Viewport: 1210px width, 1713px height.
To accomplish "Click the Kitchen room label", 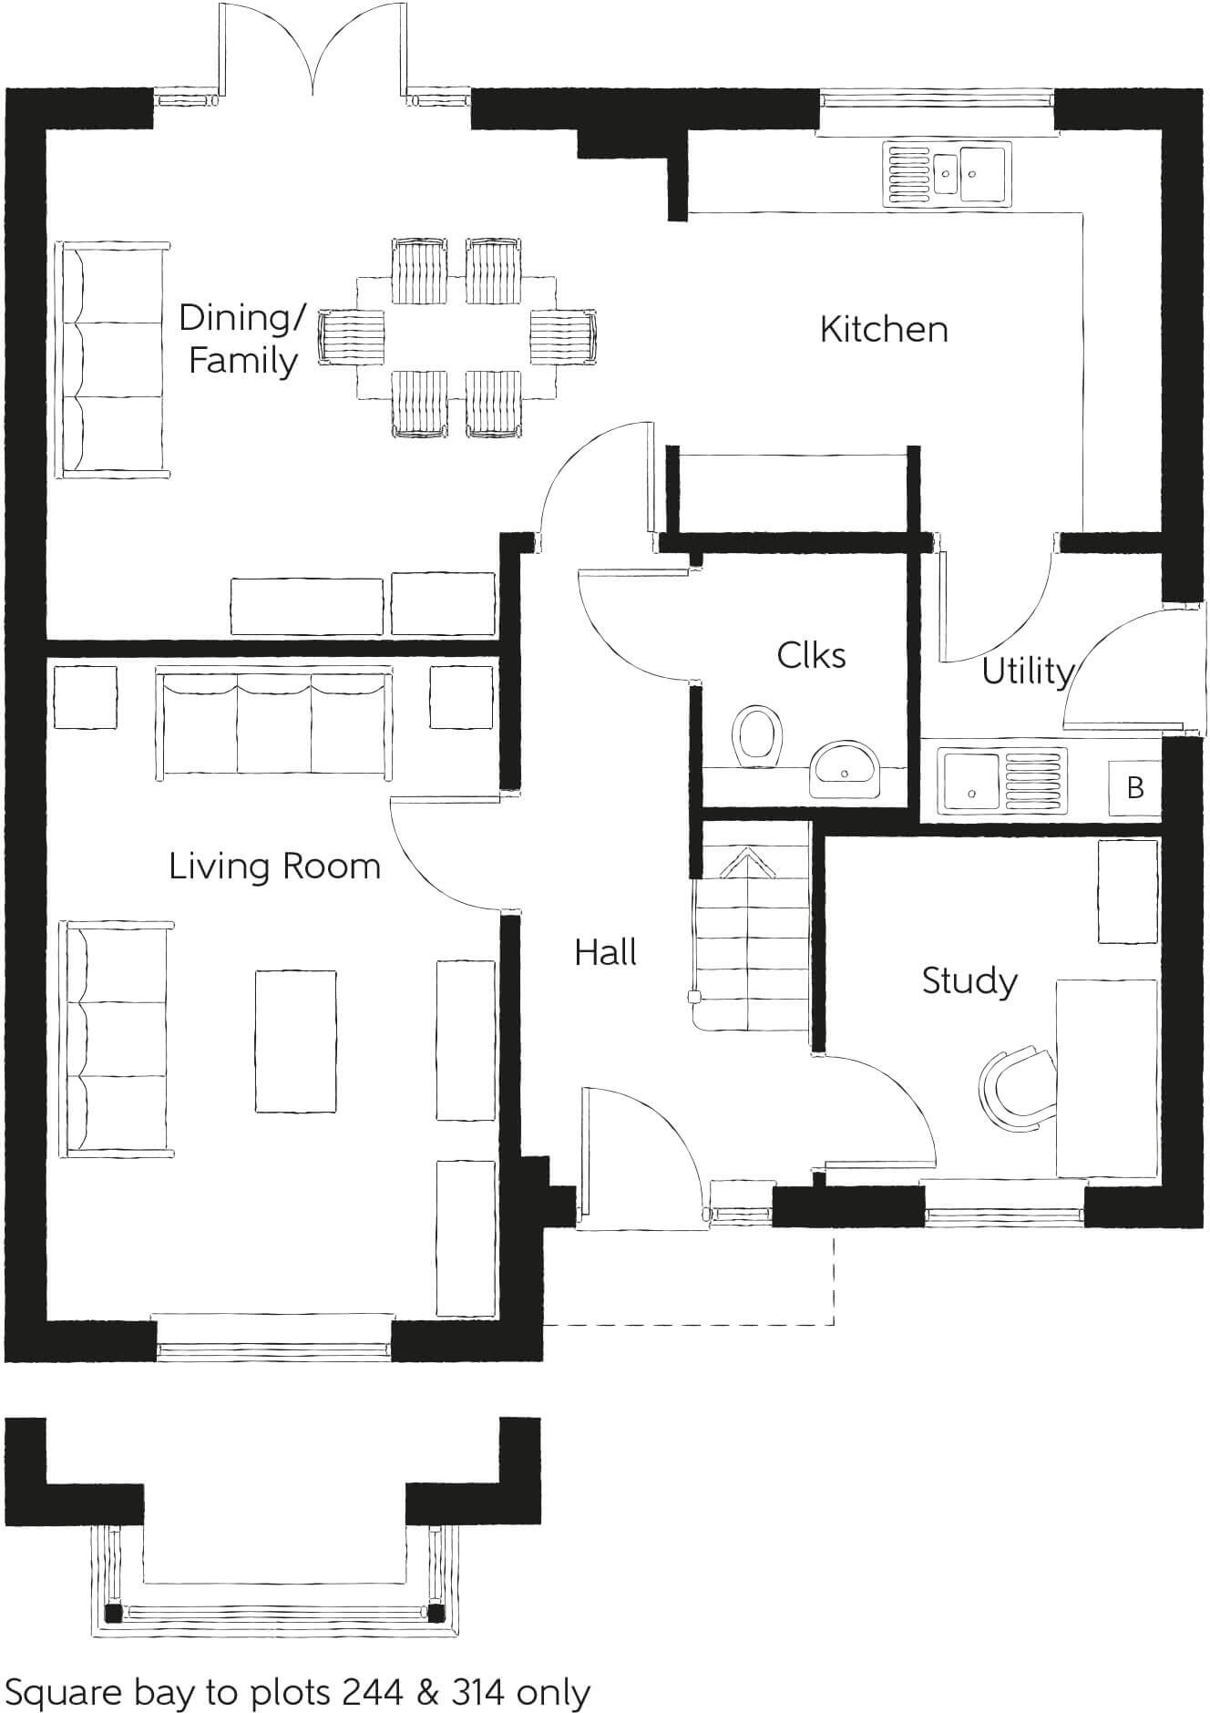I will tap(883, 329).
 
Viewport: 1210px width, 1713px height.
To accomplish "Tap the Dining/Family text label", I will tap(242, 339).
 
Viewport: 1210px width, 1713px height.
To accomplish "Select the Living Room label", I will tap(274, 866).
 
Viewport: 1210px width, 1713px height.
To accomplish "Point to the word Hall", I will tap(605, 953).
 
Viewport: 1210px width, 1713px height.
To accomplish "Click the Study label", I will tap(969, 981).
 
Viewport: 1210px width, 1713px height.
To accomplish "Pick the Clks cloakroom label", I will tap(811, 655).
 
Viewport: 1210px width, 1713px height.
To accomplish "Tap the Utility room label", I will tap(1027, 672).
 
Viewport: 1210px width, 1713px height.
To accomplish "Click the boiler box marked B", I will tap(1134, 786).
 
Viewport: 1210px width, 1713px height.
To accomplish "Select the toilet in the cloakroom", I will tap(758, 734).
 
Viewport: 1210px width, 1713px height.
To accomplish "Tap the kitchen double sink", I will tap(946, 172).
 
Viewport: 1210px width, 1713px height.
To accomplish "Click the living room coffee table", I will tap(295, 1041).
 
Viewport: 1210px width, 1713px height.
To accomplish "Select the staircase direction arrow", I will tap(747, 864).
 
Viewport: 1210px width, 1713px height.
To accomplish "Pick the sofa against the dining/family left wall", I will tap(115, 359).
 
